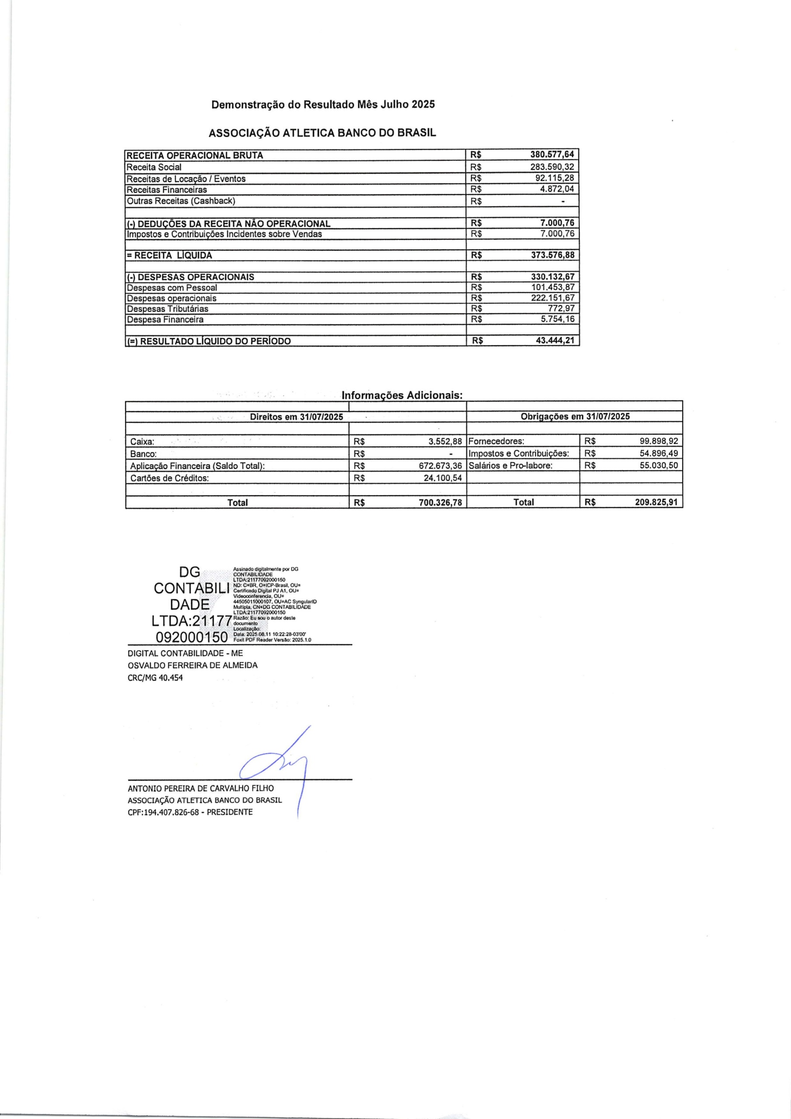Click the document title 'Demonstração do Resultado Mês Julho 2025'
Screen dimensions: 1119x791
coord(323,104)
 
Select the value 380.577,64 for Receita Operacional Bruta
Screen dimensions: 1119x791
coord(552,155)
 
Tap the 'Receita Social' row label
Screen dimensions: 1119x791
coord(154,167)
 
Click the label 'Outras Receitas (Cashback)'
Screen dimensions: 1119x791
coord(181,201)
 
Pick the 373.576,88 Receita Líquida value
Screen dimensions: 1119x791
coord(552,255)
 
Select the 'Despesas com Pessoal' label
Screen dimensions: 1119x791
coord(172,288)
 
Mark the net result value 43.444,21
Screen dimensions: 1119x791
coord(555,341)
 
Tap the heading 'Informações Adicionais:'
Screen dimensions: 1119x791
coord(402,395)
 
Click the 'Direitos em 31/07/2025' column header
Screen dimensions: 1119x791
coord(296,417)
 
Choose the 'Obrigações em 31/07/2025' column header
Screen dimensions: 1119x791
coord(575,417)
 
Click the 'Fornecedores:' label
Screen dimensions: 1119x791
coord(496,441)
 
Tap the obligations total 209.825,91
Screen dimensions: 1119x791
coord(656,502)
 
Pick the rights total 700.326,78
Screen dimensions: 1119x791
coord(440,502)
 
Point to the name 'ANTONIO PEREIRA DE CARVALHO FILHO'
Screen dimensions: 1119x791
coord(201,789)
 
